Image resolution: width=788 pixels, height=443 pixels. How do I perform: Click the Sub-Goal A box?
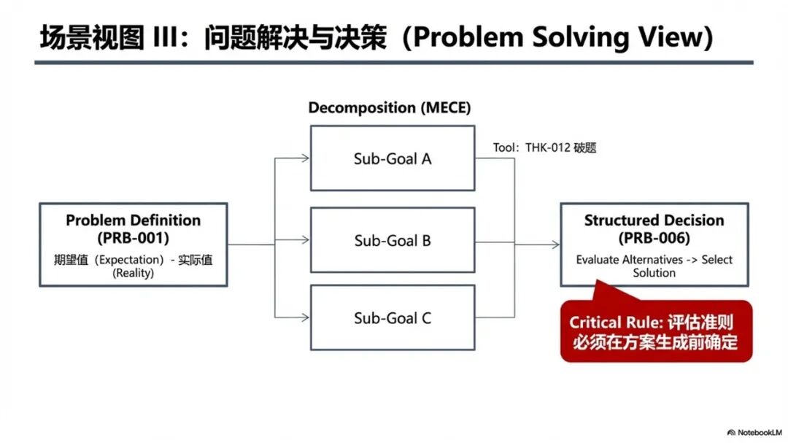point(393,158)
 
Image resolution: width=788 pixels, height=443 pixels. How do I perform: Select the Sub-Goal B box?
point(393,240)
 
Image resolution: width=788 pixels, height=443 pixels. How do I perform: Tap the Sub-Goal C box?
point(393,317)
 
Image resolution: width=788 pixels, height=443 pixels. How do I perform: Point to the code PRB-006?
point(654,238)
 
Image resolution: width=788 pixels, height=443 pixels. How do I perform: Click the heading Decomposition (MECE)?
point(389,108)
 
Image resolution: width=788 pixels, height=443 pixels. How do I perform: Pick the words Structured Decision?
point(654,220)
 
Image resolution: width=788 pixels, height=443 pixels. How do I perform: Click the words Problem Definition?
point(133,220)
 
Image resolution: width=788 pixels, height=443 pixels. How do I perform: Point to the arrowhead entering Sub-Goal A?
point(306,158)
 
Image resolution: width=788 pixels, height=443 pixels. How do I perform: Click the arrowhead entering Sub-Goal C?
point(306,317)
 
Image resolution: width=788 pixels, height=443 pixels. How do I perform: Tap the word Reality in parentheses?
point(133,273)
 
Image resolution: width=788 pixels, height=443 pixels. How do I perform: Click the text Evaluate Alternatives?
point(629,260)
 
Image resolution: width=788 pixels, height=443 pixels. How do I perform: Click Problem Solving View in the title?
point(558,38)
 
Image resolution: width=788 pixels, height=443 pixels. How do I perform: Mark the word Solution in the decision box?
point(654,273)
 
